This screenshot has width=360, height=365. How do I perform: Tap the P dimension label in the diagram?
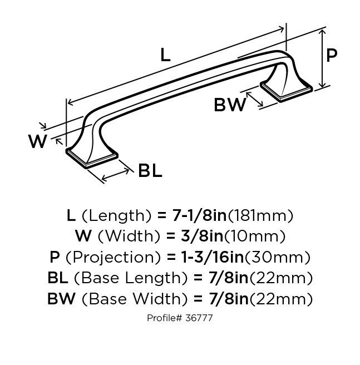click(x=332, y=56)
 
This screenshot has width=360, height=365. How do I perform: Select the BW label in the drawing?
click(x=230, y=105)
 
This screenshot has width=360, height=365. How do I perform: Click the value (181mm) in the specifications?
click(x=262, y=215)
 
